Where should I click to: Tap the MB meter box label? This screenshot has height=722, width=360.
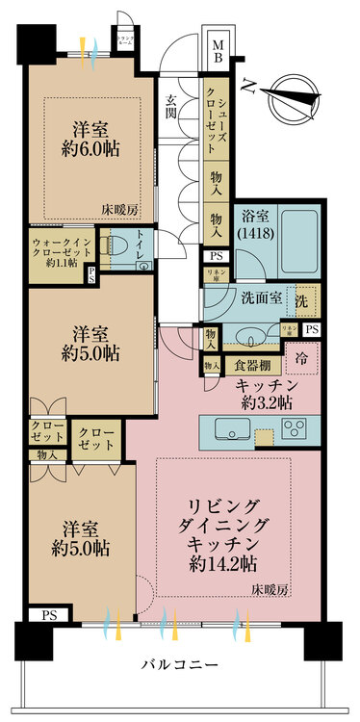218,50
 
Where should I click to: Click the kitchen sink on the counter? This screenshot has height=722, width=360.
232,427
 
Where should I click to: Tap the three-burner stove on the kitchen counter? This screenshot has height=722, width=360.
294,427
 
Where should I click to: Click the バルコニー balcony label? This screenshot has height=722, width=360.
179,665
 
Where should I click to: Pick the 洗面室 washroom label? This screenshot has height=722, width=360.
261,298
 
